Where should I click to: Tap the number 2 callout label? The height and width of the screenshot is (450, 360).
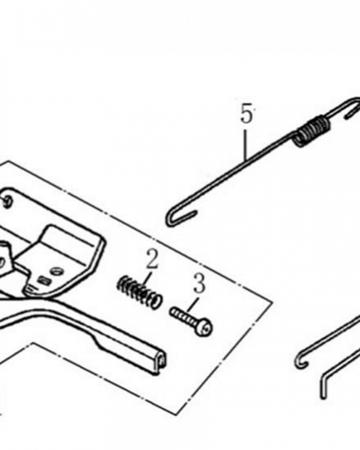(152, 260)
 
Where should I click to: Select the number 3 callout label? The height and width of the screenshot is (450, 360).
(198, 284)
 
